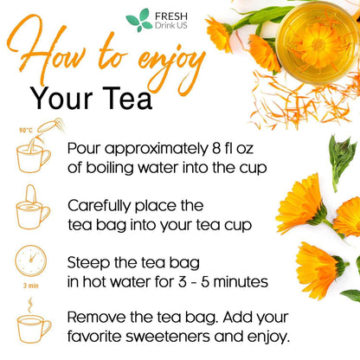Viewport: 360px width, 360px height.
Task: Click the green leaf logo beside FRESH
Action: coord(138,19)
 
